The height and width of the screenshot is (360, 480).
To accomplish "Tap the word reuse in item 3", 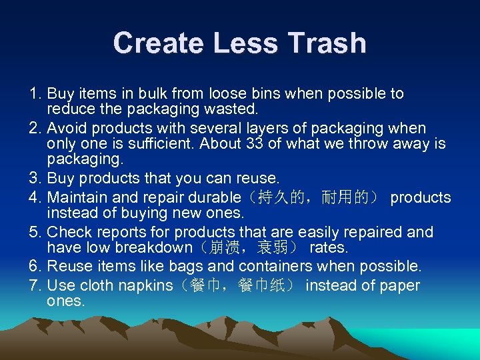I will point(257,179).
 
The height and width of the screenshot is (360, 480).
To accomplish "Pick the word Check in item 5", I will point(68,232).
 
